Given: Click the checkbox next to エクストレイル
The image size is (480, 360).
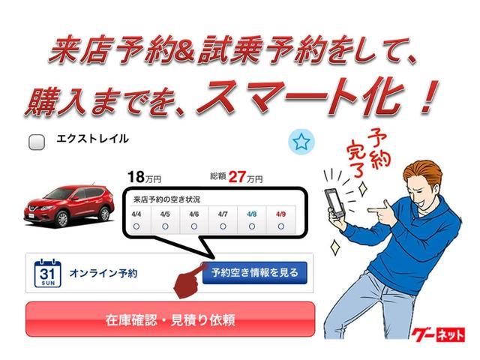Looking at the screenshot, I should coord(36,142).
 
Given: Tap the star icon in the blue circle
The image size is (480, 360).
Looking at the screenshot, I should coord(301,141).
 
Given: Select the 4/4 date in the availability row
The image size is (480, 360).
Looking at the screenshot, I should coord(136,214).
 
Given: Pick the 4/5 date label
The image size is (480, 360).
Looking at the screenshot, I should coord(164,214).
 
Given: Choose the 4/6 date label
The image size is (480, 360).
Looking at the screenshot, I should coord(193,214).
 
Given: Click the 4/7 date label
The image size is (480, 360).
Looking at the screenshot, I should coord(223,214).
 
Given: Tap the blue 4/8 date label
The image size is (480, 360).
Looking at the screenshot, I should coord(251,214).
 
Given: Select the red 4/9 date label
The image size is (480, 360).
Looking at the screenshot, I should coord(280,214).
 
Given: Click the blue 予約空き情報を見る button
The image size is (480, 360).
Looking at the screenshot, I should coord(254,273).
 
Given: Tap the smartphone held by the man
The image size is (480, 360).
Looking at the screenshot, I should coord(334,202).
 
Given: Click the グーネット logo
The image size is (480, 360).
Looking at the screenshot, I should coord(438,334).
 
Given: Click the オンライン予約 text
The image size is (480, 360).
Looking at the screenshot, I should coord(103,274).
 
